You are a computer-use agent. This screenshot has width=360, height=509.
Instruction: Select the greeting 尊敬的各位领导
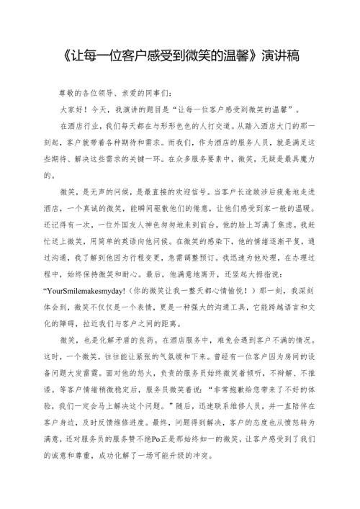pos(89,94)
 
